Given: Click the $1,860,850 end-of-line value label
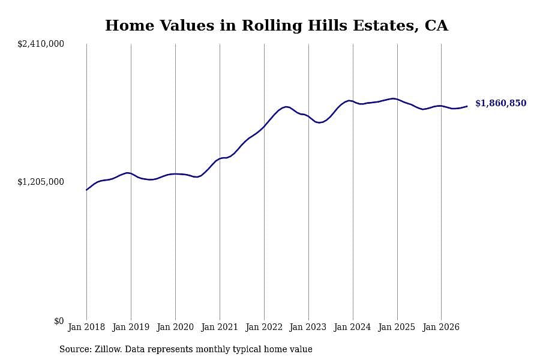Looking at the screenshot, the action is click(x=501, y=103).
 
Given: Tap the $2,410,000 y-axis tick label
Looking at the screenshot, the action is click(x=41, y=44).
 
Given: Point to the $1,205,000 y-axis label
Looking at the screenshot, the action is click(x=41, y=182).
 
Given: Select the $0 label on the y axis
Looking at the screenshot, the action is click(x=59, y=321).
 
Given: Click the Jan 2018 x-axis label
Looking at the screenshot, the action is click(x=86, y=327).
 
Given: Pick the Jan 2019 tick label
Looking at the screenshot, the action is click(x=131, y=327).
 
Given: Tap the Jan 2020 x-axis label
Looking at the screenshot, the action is click(x=175, y=327).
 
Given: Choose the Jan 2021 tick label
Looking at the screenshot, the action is click(x=220, y=327).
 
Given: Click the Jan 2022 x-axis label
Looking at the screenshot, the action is click(x=264, y=327).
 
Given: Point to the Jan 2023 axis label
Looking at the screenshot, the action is click(x=308, y=327).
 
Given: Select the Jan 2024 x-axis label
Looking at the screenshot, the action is click(x=352, y=327).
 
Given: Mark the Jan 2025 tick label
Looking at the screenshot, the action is click(x=397, y=327).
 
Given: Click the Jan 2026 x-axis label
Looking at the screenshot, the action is click(x=441, y=327).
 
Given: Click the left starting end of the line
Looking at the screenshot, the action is click(x=86, y=190).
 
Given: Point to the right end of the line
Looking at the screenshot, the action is click(x=467, y=106).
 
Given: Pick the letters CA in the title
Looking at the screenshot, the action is click(x=436, y=26).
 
